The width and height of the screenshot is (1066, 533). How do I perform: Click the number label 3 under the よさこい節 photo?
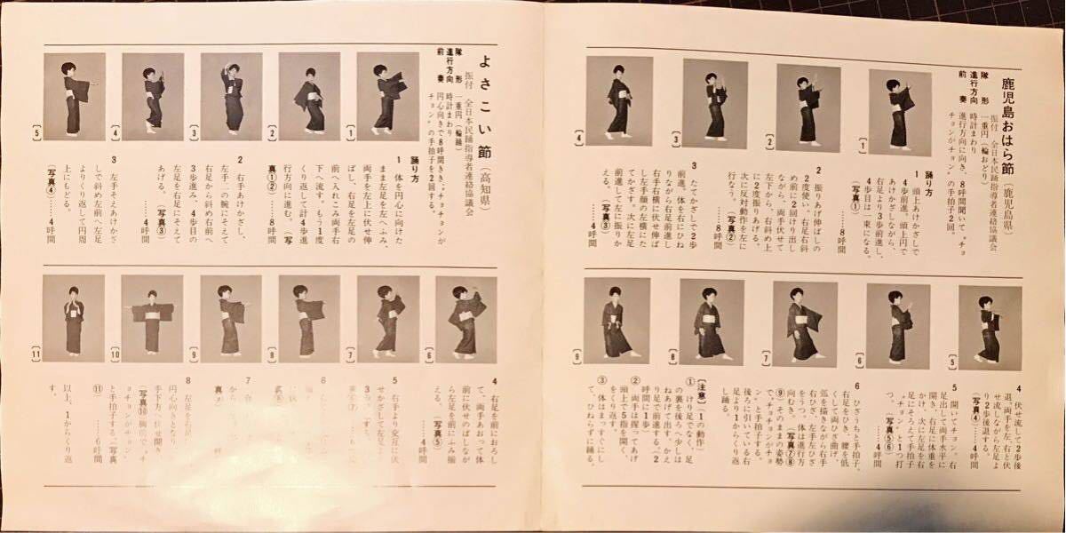(193, 135)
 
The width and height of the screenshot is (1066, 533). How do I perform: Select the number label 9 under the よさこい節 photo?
(193, 356)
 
